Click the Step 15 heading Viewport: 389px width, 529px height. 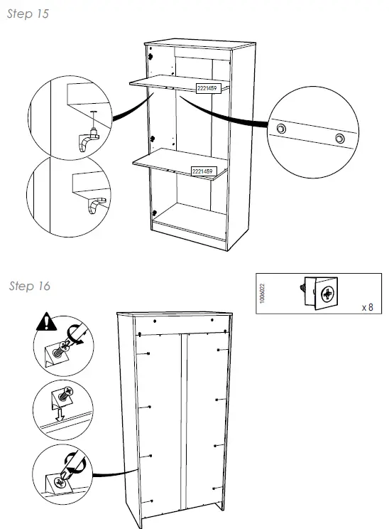pos(28,14)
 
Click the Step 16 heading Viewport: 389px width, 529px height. pos(30,287)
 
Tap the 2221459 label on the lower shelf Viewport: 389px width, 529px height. pos(204,171)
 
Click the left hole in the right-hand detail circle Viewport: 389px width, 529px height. pos(282,128)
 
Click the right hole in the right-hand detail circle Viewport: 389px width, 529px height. pos(340,137)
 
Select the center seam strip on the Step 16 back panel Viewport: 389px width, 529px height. pos(182,420)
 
